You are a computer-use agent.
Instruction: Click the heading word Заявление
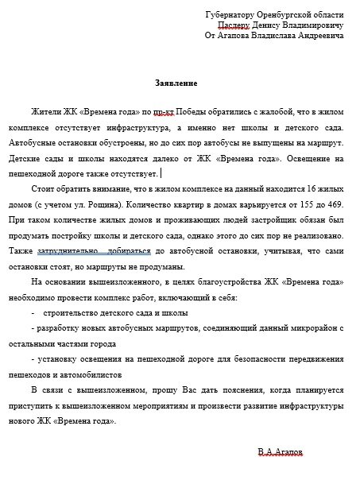point(176,83)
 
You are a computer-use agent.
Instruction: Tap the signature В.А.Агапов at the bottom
point(281,452)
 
